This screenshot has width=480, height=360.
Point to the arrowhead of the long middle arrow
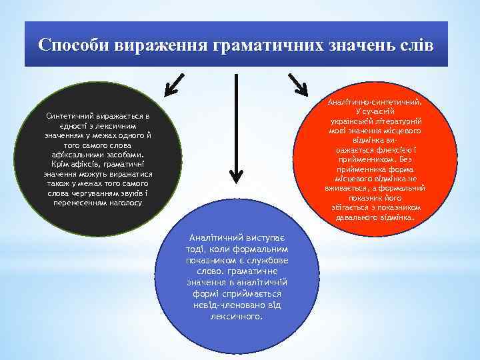(x=236, y=175)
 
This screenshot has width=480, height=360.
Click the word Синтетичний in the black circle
(x=69, y=116)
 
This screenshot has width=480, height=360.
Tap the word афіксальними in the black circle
(x=77, y=155)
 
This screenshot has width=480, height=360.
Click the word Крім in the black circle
(x=61, y=164)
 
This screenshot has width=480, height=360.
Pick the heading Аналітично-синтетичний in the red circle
(x=375, y=103)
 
